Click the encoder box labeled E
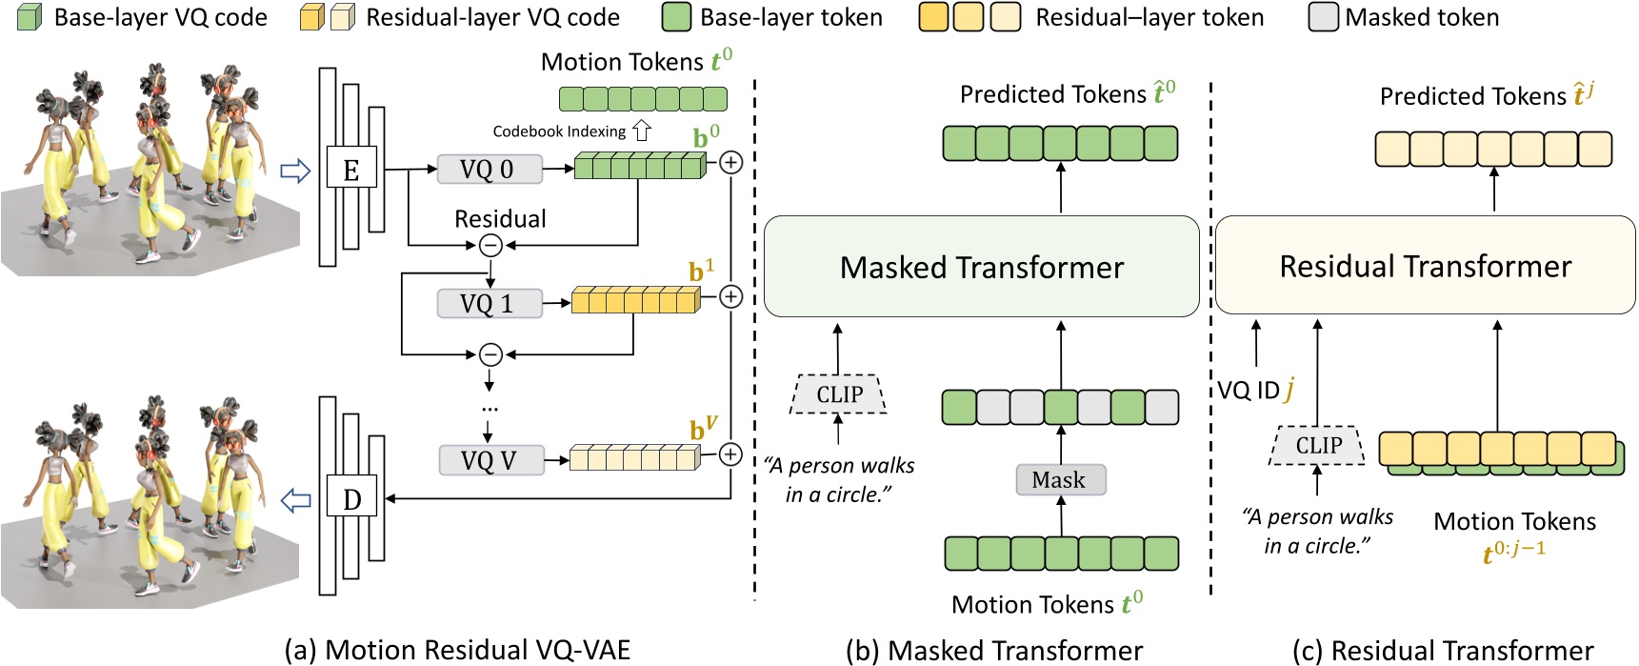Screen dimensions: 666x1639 (x=351, y=170)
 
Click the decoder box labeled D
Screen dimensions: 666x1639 (x=351, y=498)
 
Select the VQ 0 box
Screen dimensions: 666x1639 (x=489, y=170)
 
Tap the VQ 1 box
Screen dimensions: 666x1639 (x=489, y=304)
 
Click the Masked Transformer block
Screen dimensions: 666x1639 (x=981, y=267)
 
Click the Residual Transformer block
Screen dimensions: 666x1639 (x=1425, y=266)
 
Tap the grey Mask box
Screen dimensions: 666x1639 (x=1059, y=480)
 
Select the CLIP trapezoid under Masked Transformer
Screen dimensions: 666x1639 (x=839, y=394)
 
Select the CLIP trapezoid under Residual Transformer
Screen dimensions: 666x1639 (x=1318, y=445)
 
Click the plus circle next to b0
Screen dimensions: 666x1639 (x=730, y=162)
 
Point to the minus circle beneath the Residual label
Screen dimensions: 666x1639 (x=490, y=245)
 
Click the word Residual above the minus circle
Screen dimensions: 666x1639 (x=500, y=219)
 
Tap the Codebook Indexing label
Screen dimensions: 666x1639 (x=559, y=131)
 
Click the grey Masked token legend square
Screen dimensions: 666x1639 (x=1323, y=17)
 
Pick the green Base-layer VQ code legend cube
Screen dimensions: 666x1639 (x=30, y=17)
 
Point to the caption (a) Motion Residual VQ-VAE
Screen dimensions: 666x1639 (x=457, y=650)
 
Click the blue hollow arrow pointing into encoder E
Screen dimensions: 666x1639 (x=296, y=171)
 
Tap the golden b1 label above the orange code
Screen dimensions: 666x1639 (x=701, y=272)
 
